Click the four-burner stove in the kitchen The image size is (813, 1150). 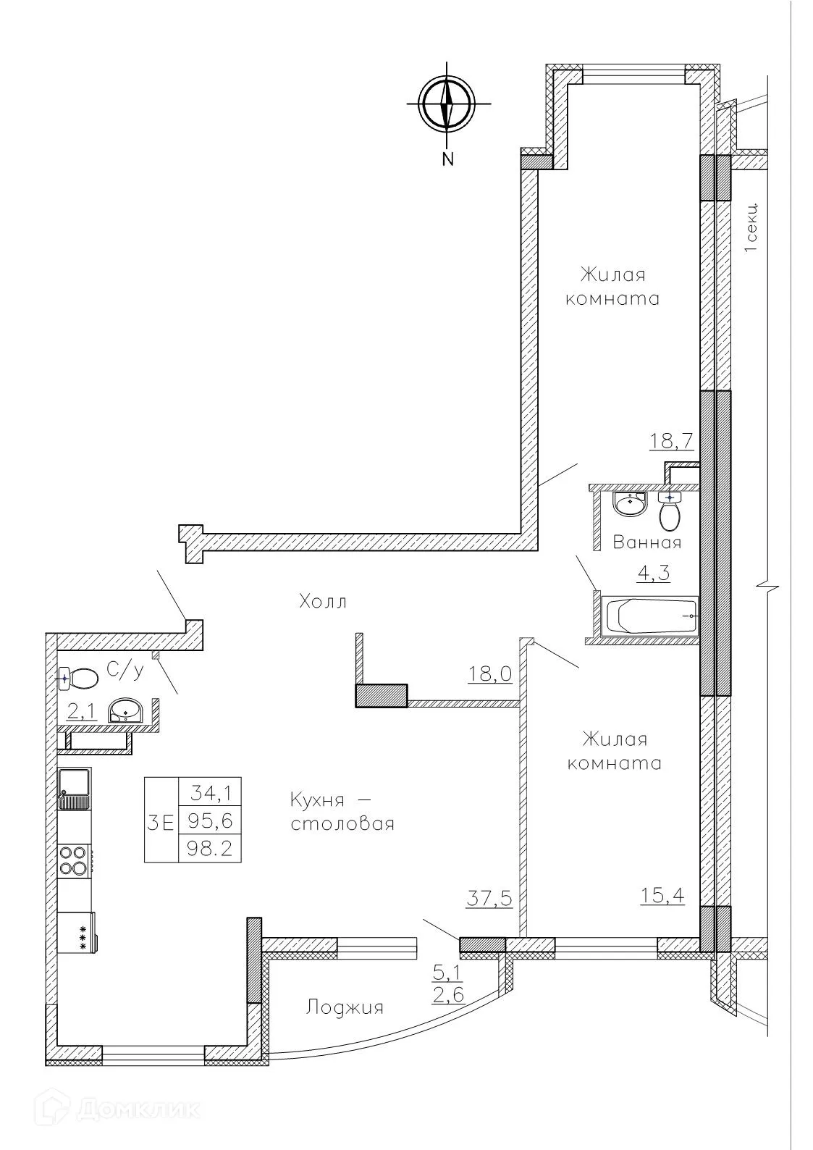(74, 861)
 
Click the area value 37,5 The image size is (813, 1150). (490, 899)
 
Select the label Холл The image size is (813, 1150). (323, 601)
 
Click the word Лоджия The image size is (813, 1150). (345, 1007)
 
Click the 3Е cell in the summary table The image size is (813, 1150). (161, 822)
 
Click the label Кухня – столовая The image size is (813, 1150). (342, 812)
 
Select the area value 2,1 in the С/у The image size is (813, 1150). (82, 712)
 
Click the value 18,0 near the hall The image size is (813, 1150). (489, 675)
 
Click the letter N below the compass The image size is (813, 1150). (448, 159)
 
